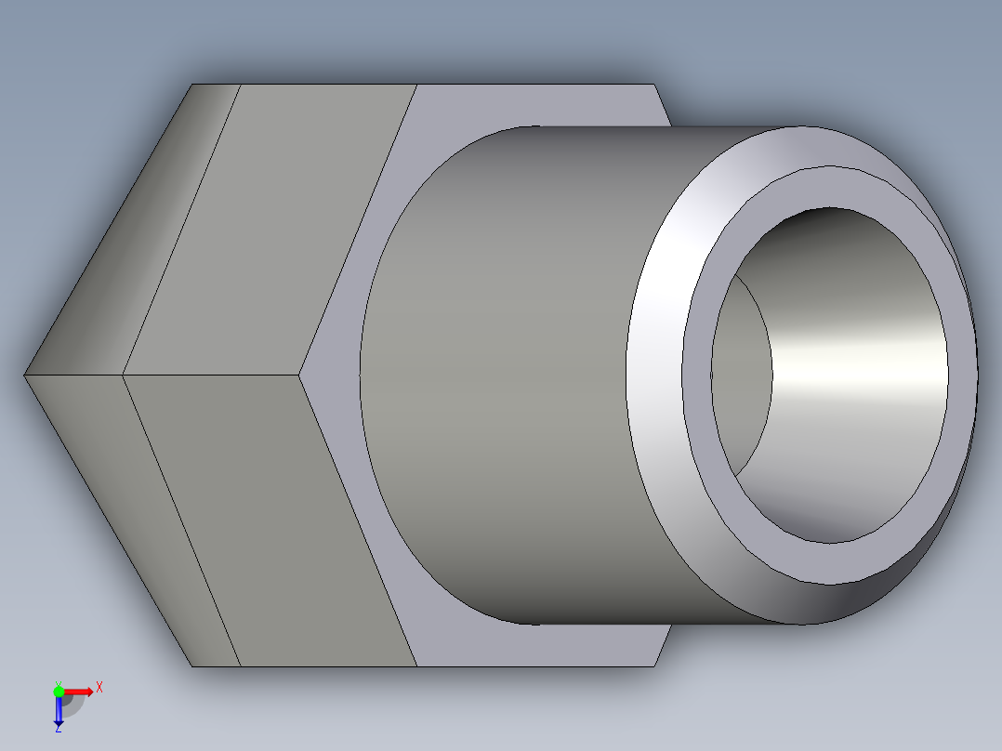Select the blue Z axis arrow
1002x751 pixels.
tap(59, 712)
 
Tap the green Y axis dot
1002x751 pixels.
tap(59, 691)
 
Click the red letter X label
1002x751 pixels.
tap(99, 688)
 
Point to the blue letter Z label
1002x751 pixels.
tap(58, 730)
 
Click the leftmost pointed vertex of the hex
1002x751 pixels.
tap(25, 375)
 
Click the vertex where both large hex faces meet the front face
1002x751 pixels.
tap(300, 375)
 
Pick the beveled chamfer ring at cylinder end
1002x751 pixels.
tap(655, 372)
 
